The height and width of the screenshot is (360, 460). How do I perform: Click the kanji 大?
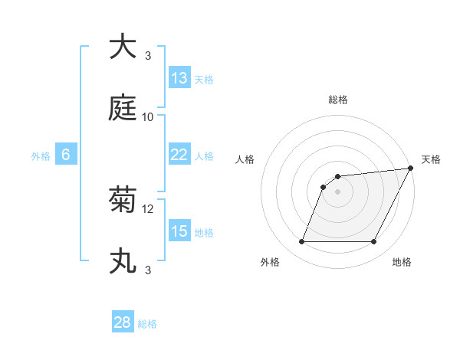123,47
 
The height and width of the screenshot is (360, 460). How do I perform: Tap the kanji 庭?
123,108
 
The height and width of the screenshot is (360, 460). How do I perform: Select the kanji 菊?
123,201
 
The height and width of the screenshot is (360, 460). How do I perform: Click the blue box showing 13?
179,78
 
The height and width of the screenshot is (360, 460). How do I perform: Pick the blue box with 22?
179,155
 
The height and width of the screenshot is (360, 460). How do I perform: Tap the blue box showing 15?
179,231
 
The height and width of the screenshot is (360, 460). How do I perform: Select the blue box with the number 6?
66,155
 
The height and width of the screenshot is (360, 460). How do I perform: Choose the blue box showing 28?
123,322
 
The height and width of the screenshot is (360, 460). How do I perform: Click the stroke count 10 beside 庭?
148,116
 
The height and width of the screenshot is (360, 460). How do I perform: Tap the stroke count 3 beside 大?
148,55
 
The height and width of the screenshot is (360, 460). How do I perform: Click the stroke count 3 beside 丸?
148,270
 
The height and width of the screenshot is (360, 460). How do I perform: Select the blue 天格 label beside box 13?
204,80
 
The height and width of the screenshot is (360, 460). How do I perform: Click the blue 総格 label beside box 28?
147,324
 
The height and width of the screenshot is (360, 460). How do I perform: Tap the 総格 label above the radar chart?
338,100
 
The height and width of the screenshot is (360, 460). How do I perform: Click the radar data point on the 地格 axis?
374,242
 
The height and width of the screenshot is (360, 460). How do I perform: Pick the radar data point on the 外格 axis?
301,242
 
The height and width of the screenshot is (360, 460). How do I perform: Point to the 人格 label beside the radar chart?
245,159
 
